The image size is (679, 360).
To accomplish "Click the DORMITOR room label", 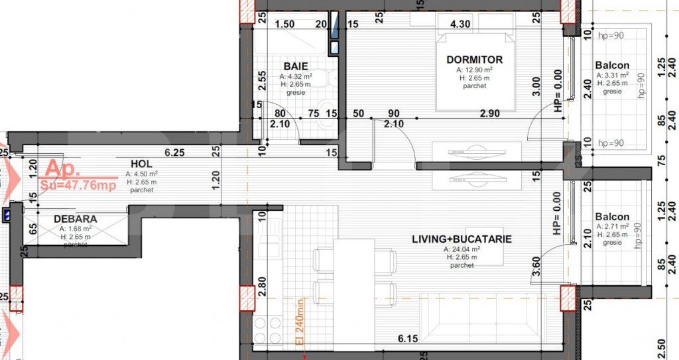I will pos(474,60).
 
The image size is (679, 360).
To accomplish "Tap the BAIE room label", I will pos(296,66).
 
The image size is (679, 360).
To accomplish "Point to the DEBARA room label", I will pos(75,219).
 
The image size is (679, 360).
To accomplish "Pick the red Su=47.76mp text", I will pos(78,185).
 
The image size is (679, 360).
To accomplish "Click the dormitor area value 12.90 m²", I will pos(474,70).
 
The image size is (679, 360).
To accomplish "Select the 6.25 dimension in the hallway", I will pos(174,152).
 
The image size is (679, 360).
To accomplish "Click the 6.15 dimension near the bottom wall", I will pos(408,339).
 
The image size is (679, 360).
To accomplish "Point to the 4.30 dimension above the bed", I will pos(460,24).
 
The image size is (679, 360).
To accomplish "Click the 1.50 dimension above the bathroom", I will pos(284,24).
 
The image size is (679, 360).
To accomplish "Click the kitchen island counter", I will pos(353,292).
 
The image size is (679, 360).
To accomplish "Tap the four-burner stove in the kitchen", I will pos(268,330).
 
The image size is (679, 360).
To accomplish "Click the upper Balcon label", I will pos(612,66).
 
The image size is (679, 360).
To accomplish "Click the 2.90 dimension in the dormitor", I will pos(490,114).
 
